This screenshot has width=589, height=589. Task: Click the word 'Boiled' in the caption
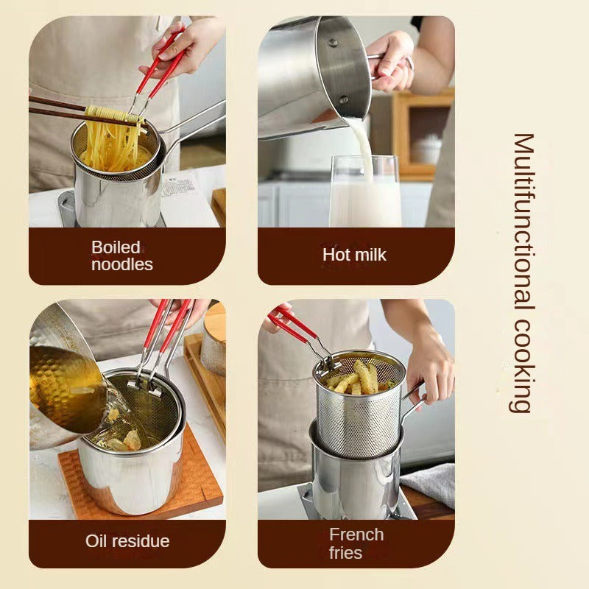pos(116,247)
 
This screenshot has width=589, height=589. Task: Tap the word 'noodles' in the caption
pos(122,264)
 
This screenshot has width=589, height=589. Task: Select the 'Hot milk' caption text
pos(354,255)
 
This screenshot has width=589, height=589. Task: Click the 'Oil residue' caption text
pos(127,541)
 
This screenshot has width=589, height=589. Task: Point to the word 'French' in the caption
pos(356,535)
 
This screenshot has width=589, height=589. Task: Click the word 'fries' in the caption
pos(345,552)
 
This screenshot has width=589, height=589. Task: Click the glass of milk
pos(364,195)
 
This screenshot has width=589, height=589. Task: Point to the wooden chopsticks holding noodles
pos(59,106)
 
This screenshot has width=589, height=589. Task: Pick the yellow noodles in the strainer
pos(110,147)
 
